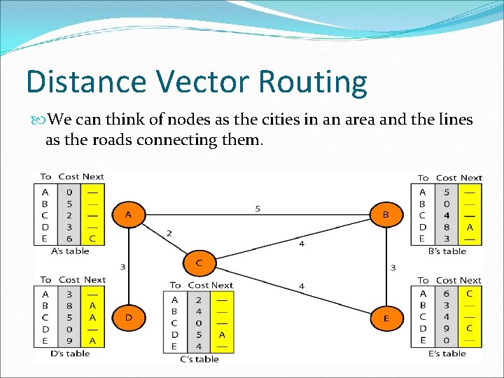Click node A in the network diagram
click(128, 214)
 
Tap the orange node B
click(386, 215)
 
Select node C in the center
click(199, 262)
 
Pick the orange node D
click(128, 317)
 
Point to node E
click(386, 318)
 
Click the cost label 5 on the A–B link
click(258, 209)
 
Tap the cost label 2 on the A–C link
click(169, 233)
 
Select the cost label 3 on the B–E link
click(393, 267)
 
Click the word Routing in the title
click(312, 82)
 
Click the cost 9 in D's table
click(69, 341)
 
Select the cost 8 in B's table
click(446, 227)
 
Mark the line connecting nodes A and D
click(128, 266)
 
